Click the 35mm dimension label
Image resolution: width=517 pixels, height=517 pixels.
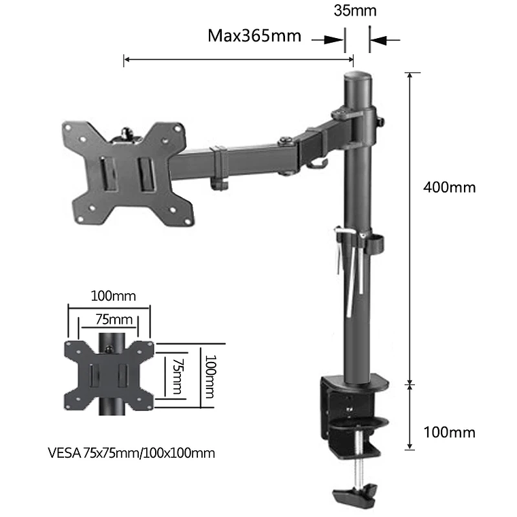tap(354, 11)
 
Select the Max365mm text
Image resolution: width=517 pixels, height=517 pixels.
tap(254, 36)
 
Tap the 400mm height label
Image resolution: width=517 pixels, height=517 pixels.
tap(449, 187)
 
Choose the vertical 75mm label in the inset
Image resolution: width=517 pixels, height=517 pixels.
tap(178, 376)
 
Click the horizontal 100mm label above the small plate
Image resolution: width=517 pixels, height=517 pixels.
tap(113, 296)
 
